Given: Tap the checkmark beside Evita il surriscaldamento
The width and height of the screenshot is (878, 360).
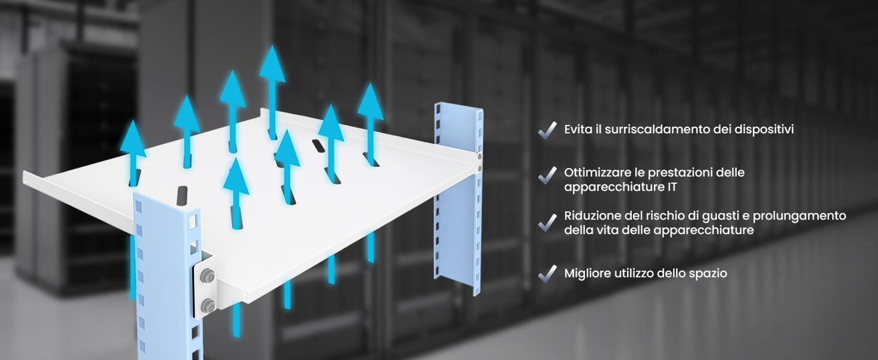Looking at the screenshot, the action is pos(547,130).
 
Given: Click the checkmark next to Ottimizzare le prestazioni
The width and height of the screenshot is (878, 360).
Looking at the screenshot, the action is pos(547,175).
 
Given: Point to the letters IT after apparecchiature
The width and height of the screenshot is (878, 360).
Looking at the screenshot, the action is pos(671,187).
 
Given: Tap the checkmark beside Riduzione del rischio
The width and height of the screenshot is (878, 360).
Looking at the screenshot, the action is pos(547,222).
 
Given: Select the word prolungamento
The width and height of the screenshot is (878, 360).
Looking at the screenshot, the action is pos(800,216).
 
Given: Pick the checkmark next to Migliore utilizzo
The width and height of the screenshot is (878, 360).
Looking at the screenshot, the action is pos(547,273).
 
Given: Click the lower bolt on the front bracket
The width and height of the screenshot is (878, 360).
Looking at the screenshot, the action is pos(207,305).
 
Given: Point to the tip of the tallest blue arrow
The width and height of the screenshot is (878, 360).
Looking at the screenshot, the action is pos(273,46).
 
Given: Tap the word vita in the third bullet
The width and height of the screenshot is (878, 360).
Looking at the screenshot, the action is pos(608,230).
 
